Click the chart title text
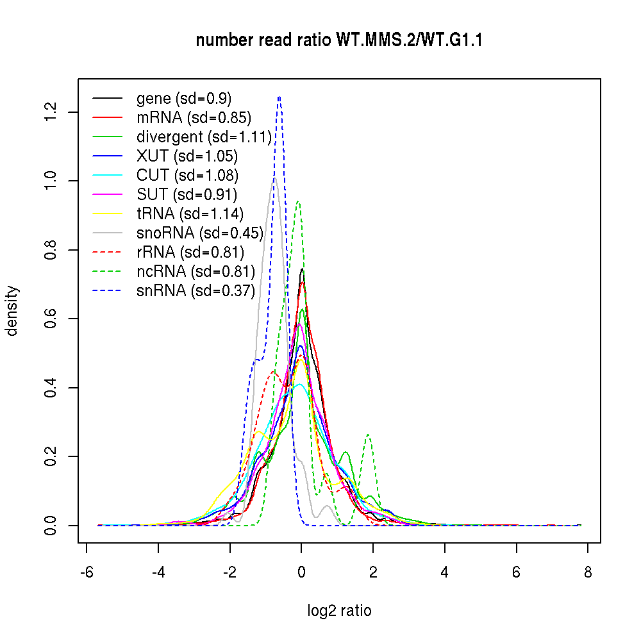click(339, 40)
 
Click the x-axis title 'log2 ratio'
click(339, 611)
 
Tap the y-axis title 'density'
click(12, 311)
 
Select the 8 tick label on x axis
click(588, 573)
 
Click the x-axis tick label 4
click(445, 573)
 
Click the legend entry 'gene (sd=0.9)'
click(184, 99)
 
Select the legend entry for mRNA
click(194, 118)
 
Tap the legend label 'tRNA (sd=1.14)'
click(190, 213)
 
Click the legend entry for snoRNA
click(200, 233)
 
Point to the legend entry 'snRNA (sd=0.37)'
click(196, 290)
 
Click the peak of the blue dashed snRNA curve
click(279, 97)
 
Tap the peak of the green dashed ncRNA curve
click(297, 202)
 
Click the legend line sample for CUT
click(108, 176)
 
